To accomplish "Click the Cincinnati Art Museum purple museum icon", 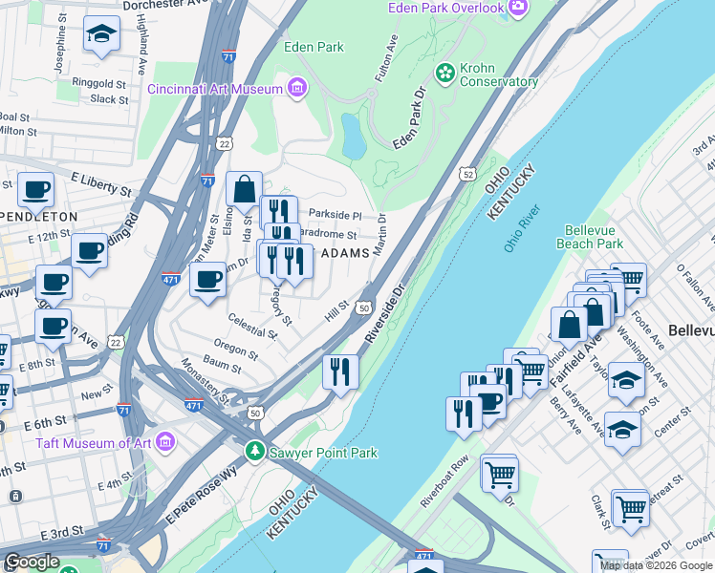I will [297, 89].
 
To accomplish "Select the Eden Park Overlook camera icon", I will [518, 8].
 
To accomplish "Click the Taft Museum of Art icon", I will [165, 442].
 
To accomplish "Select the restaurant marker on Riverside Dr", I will [340, 371].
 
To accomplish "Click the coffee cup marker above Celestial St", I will [207, 279].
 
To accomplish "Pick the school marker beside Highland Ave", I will [100, 34].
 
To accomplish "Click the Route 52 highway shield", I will [466, 174].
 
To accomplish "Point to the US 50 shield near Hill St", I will [363, 308].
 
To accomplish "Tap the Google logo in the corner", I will [32, 562].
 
